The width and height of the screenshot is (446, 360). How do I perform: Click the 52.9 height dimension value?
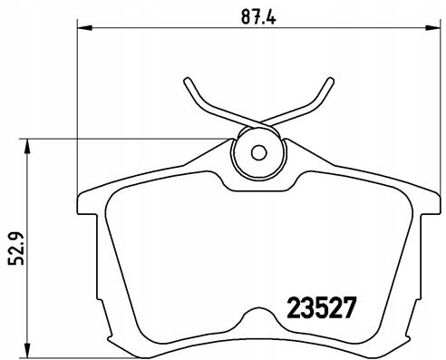coord(15,248)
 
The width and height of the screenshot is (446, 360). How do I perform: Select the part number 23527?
coord(321,307)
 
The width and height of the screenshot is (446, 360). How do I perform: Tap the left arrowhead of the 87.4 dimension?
coord(84,28)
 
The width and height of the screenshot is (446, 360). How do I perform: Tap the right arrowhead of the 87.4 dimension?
coord(432,28)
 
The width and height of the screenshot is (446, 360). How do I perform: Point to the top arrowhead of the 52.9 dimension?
coord(27,146)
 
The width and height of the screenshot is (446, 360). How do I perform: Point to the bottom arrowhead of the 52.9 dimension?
coord(27,350)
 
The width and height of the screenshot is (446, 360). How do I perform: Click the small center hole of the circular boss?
coord(258,153)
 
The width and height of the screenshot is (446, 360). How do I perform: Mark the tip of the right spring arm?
coord(331,81)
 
